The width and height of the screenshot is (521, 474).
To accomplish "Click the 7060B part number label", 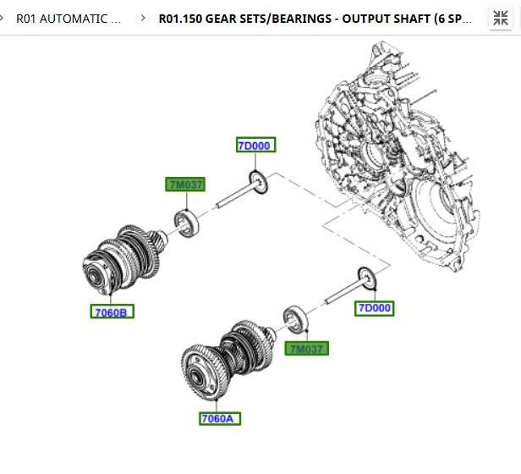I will pos(111,312).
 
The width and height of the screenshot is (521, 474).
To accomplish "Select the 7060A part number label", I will pos(220,418).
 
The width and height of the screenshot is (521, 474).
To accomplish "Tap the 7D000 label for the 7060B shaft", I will pos(254,146).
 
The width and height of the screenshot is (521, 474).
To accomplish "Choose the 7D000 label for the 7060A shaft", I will pos(374,308).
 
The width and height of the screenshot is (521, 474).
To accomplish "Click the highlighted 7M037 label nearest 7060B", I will pos(186,185).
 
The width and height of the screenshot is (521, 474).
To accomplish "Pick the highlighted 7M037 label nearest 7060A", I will pos(306,349).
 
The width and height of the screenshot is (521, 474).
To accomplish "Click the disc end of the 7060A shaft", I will pos(365,278).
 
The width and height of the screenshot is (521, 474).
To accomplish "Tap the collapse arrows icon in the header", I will pos(500,18).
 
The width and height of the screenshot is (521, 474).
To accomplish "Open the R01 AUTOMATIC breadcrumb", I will pos(68,18).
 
